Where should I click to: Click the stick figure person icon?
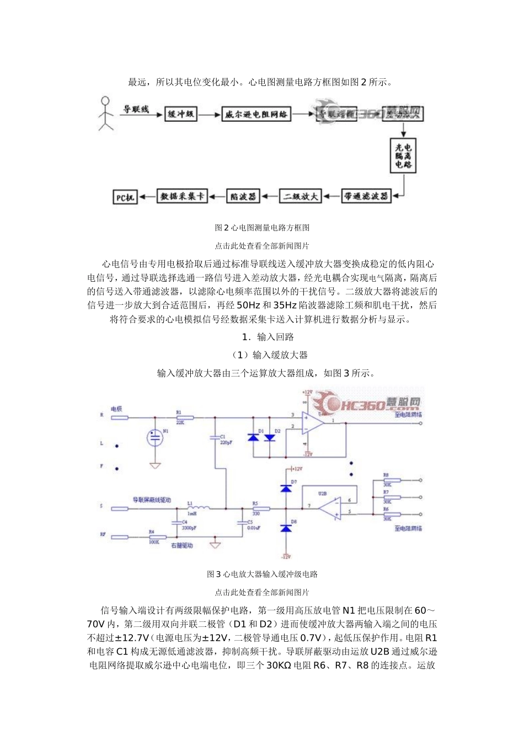(105, 114)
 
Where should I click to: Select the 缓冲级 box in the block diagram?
(181, 114)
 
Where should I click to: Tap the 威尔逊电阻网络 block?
(256, 115)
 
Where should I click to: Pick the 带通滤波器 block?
(366, 196)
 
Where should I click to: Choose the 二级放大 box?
(301, 196)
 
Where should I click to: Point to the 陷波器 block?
(243, 196)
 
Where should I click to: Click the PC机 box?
(125, 197)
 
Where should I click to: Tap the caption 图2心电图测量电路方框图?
(262, 227)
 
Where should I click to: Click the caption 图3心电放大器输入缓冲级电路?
(262, 574)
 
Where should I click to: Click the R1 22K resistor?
(180, 418)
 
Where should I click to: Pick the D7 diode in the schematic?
(285, 487)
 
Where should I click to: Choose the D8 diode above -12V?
(285, 528)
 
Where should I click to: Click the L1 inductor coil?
(197, 508)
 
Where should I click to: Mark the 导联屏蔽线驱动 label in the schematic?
(151, 500)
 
